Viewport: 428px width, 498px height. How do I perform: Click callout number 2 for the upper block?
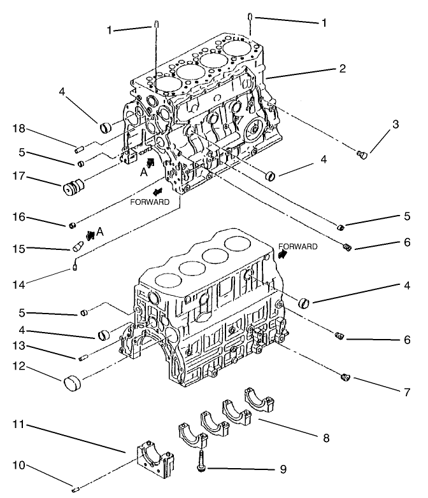342,69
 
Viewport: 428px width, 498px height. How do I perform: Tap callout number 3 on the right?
396,125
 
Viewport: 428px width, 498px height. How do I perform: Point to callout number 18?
18,129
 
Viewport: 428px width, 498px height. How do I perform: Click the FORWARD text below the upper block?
151,202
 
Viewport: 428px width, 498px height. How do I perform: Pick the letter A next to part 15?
100,232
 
